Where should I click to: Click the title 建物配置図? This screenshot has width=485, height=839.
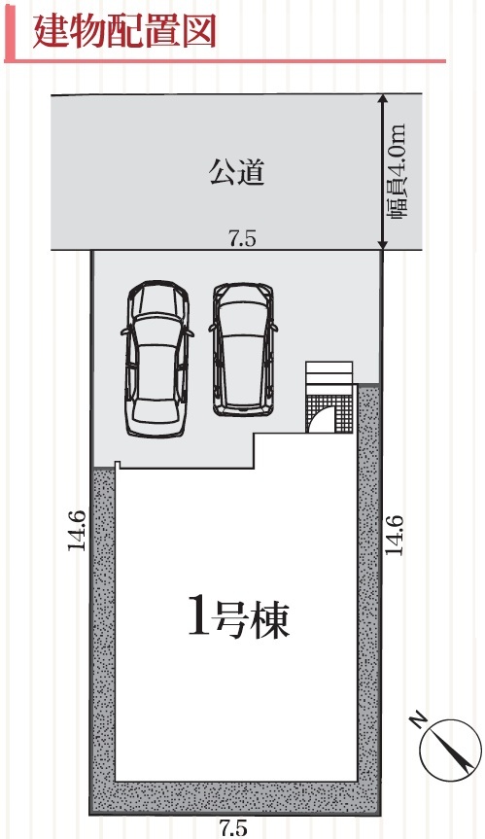click(x=124, y=31)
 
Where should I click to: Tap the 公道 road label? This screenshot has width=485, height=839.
click(x=237, y=172)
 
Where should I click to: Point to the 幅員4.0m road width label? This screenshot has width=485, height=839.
click(x=398, y=172)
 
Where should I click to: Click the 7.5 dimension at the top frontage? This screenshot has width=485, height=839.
click(x=242, y=238)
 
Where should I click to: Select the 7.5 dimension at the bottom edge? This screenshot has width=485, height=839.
click(x=234, y=827)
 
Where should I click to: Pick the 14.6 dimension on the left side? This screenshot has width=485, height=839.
click(x=77, y=530)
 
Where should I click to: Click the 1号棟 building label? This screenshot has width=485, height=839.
click(x=238, y=619)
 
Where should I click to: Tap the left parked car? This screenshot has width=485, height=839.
click(x=157, y=358)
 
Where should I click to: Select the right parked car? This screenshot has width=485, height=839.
click(x=244, y=349)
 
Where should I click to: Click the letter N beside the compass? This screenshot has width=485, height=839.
click(x=419, y=719)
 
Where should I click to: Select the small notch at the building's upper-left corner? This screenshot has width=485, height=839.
click(x=118, y=465)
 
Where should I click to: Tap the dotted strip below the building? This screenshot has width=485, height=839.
click(x=235, y=797)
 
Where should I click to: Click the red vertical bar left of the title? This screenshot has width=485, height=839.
click(x=13, y=33)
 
